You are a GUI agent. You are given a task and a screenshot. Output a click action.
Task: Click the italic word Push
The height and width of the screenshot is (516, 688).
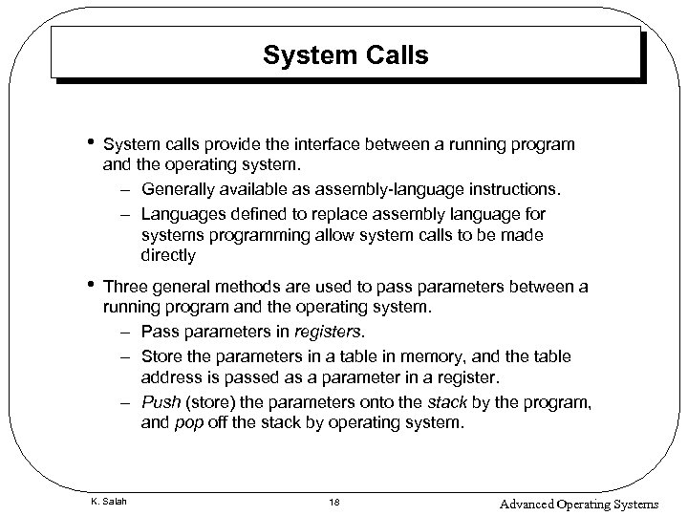(160, 399)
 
